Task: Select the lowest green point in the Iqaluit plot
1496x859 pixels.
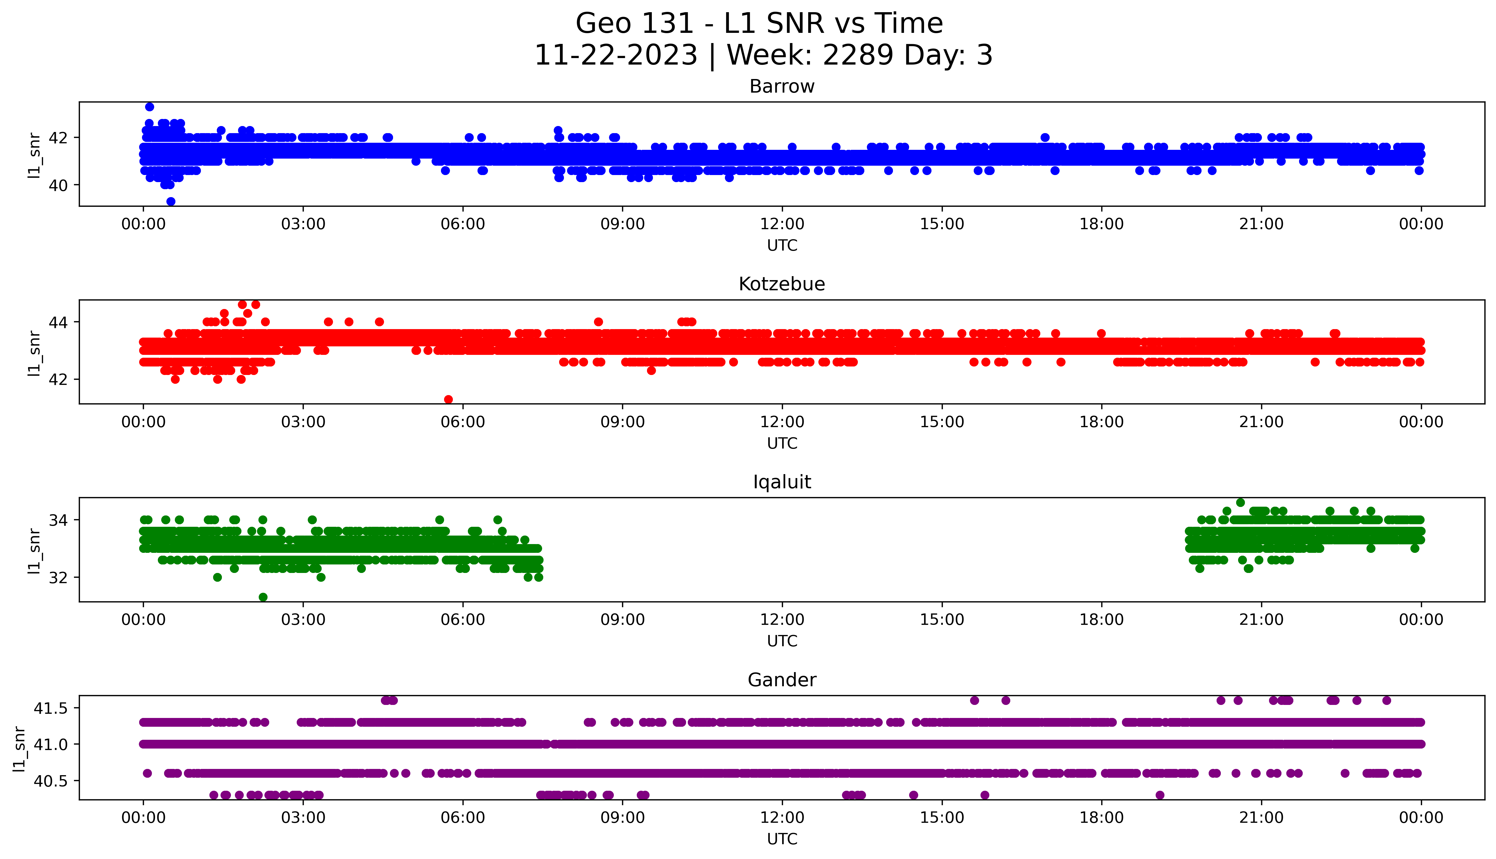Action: click(263, 597)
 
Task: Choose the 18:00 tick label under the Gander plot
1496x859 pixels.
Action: click(1101, 818)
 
